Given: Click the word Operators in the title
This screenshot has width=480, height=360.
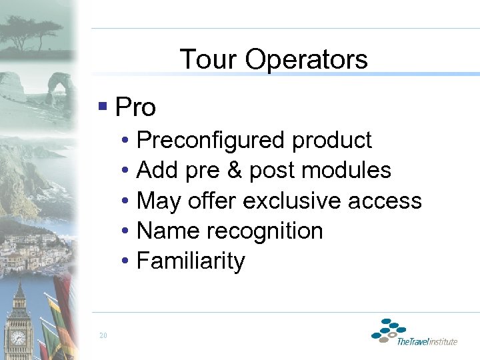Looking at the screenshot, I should (x=306, y=59).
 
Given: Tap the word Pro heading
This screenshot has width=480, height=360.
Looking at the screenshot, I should (x=135, y=107).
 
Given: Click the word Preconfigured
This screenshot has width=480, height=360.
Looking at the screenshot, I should (x=210, y=141).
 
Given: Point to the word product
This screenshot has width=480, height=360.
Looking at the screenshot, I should (x=332, y=141).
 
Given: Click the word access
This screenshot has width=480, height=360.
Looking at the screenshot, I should (x=390, y=201).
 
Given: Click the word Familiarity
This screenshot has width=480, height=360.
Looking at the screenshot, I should (x=191, y=261).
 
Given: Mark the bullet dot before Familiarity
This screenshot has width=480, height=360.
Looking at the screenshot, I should (x=126, y=261).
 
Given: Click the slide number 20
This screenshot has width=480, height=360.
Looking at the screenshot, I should (x=102, y=335).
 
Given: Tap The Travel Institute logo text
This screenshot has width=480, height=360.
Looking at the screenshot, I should (x=427, y=341).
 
